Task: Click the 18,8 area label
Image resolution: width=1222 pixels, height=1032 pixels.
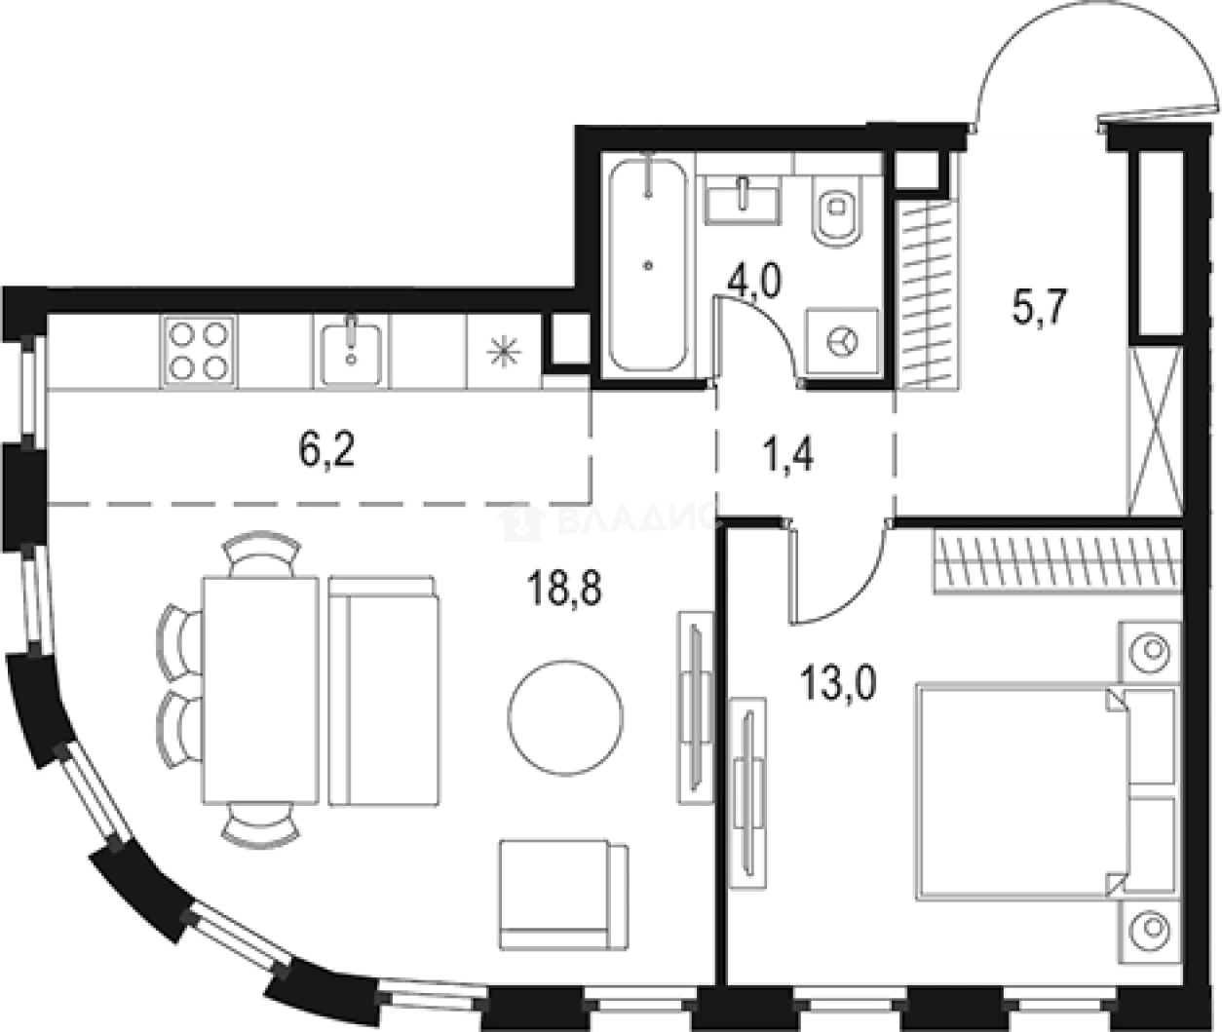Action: pos(564,589)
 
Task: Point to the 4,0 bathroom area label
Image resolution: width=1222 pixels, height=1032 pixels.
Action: pos(754,283)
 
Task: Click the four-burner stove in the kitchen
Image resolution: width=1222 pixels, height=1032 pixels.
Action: pos(199,351)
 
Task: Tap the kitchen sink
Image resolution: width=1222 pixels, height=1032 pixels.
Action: pos(351,351)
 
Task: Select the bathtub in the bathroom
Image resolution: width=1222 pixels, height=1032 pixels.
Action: pos(647,265)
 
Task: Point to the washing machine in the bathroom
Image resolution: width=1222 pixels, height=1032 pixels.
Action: pos(842,341)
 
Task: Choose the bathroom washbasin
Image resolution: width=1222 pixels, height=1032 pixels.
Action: pos(743,202)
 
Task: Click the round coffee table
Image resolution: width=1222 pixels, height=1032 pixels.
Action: pos(565,717)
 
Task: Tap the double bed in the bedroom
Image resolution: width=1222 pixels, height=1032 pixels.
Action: pos(1046,794)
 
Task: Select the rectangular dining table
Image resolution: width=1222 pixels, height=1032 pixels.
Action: pos(260,690)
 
